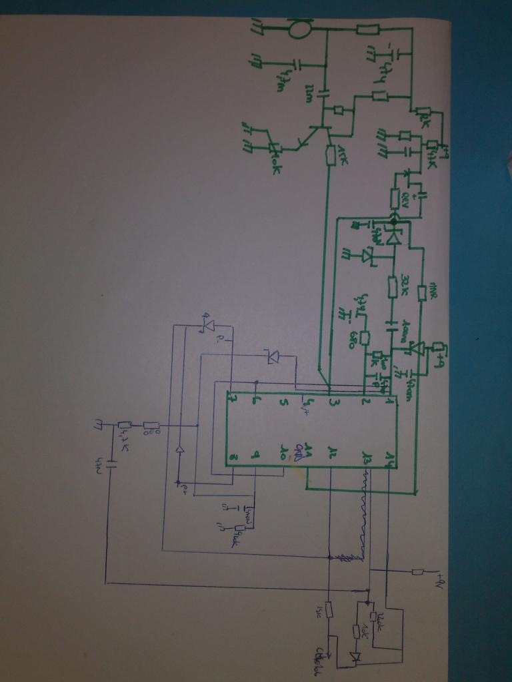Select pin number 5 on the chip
[x=283, y=402]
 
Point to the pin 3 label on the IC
[x=332, y=402]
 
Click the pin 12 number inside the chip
[x=332, y=454]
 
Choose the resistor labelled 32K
[x=393, y=287]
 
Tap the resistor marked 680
[x=365, y=338]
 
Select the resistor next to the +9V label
[x=417, y=571]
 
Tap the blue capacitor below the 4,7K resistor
[x=107, y=464]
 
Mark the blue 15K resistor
[x=329, y=608]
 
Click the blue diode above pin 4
[x=273, y=358]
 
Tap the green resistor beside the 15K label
[x=331, y=155]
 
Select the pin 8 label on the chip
[x=231, y=457]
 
